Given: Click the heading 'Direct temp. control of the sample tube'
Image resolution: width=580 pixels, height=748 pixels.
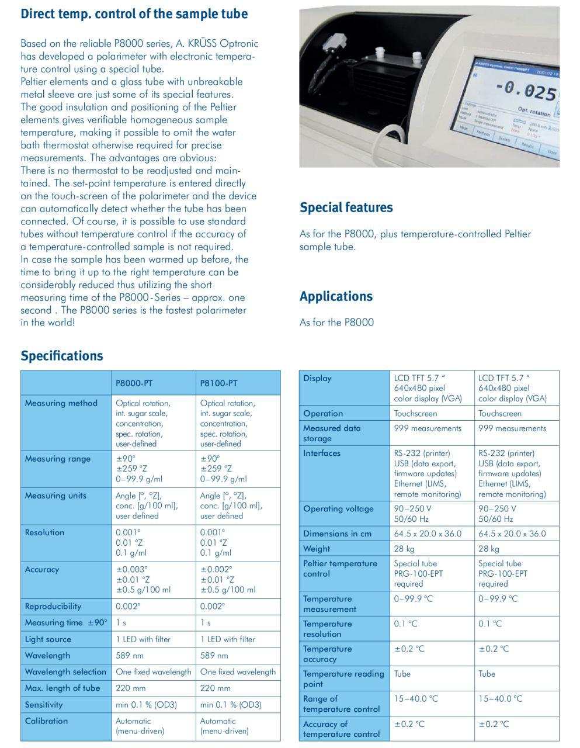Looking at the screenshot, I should pyautogui.click(x=134, y=14).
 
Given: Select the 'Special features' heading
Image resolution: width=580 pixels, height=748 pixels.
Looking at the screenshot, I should pyautogui.click(x=346, y=207).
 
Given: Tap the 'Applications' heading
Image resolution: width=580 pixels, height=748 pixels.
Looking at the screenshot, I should pyautogui.click(x=336, y=296).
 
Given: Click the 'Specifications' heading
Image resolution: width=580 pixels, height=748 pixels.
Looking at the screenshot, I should pyautogui.click(x=61, y=356).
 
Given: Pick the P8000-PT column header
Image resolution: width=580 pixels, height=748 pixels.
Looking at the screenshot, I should pyautogui.click(x=134, y=383).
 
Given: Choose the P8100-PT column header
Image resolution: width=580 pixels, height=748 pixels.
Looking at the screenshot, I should pyautogui.click(x=218, y=383).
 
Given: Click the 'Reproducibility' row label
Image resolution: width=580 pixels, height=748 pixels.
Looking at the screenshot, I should pyautogui.click(x=53, y=607).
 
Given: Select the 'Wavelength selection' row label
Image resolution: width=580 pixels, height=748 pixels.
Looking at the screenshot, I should pyautogui.click(x=65, y=672).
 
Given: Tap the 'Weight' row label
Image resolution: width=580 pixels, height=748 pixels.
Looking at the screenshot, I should pyautogui.click(x=317, y=549).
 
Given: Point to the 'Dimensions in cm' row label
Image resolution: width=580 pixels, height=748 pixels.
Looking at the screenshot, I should pyautogui.click(x=338, y=534).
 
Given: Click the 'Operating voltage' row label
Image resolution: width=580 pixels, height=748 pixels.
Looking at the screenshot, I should pyautogui.click(x=338, y=509).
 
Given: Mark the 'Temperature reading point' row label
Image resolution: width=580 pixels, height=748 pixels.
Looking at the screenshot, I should pyautogui.click(x=343, y=679).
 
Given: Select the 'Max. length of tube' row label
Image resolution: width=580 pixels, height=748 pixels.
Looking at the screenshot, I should pyautogui.click(x=62, y=688).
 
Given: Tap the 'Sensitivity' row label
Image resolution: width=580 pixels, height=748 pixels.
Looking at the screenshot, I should pyautogui.click(x=44, y=705).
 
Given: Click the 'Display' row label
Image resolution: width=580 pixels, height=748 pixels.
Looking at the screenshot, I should pyautogui.click(x=317, y=379).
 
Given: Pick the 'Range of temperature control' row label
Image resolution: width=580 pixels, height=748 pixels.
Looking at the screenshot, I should pyautogui.click(x=341, y=704).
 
